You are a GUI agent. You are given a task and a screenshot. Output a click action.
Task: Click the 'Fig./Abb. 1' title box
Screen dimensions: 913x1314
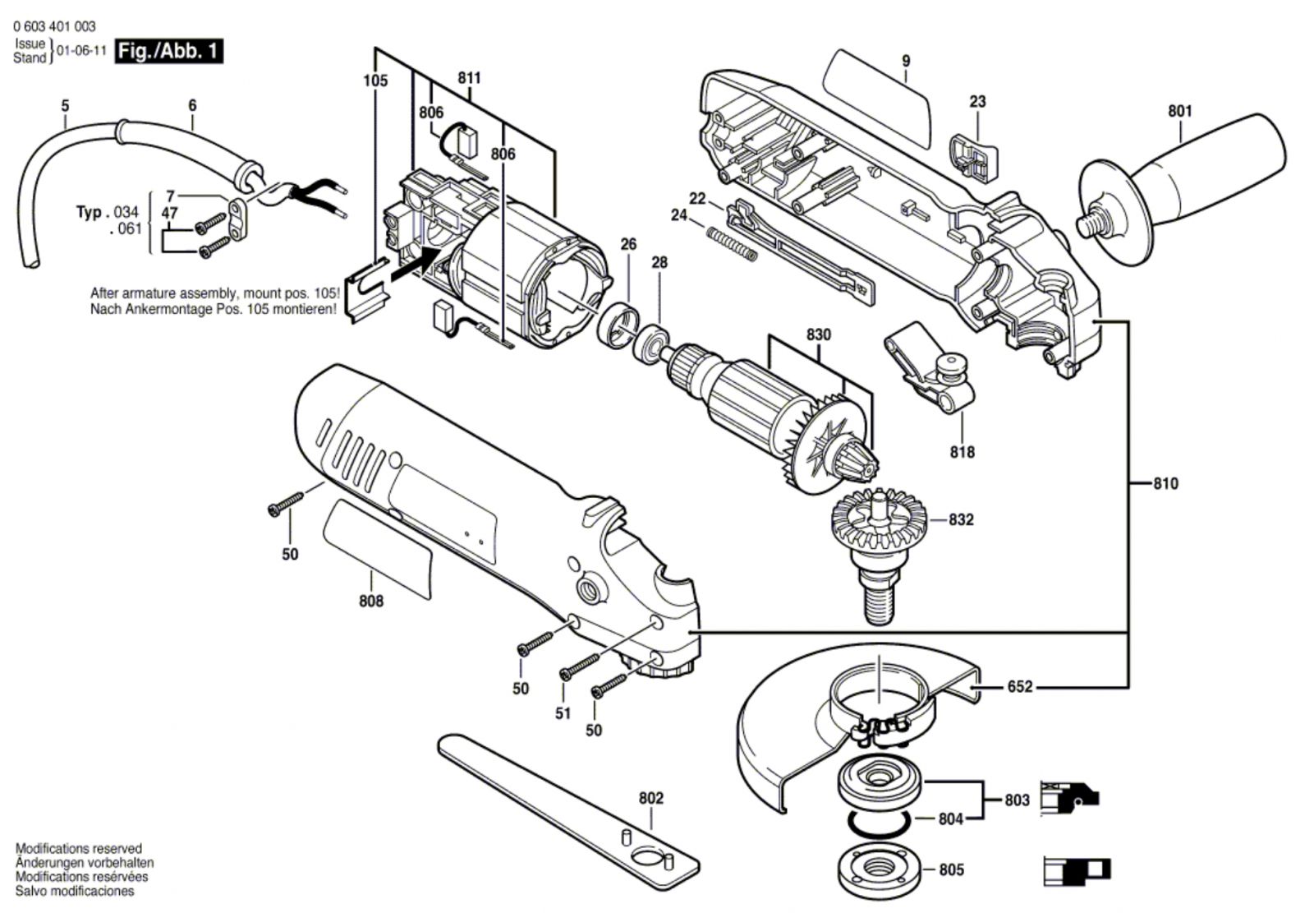point(168,51)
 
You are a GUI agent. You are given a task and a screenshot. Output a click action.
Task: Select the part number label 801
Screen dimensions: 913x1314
point(1179,111)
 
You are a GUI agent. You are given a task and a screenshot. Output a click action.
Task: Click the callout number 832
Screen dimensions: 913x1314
point(961,519)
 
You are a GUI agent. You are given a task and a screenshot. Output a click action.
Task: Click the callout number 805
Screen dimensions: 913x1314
point(951,869)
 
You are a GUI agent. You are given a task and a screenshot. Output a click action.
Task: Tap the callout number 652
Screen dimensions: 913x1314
point(1019,686)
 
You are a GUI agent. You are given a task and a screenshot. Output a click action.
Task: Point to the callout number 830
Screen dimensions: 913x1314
point(818,334)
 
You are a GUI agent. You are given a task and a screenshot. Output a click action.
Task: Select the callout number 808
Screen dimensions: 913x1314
point(371,601)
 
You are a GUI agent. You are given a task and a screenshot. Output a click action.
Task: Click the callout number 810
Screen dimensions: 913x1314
point(1165,483)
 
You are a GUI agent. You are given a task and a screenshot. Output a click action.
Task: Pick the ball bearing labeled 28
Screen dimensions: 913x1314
point(653,342)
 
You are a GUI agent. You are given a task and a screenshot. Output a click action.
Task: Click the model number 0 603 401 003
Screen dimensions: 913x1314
point(54,26)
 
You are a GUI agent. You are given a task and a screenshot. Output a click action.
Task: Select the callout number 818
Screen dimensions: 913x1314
point(963,452)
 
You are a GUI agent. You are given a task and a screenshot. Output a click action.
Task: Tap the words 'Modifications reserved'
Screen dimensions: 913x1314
point(79,848)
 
